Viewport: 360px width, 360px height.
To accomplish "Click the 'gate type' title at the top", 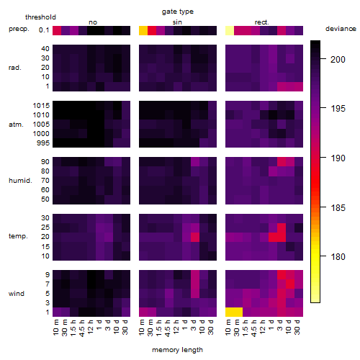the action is coord(178,12).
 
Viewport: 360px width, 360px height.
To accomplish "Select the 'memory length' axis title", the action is coord(177,350).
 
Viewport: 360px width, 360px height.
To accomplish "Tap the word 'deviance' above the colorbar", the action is coord(341,29).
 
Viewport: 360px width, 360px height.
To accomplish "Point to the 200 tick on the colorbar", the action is coord(323,58).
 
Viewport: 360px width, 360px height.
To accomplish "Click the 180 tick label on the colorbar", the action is coord(338,257).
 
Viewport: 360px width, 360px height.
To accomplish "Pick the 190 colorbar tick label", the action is coord(338,158).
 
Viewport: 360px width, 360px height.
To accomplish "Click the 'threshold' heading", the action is coord(40,17).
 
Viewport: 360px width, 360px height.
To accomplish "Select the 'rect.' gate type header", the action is coord(261,22).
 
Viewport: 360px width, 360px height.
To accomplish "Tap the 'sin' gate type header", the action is coord(177,22).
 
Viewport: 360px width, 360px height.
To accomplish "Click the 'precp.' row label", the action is coord(19,29).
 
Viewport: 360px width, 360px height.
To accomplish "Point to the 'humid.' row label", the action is coord(20,181).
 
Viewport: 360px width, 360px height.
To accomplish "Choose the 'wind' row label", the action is coord(17,294).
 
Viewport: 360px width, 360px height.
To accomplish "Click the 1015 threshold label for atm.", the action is coord(41,106).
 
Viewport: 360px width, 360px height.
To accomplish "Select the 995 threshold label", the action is coord(43,143).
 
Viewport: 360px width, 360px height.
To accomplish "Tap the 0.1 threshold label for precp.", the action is coord(44,30).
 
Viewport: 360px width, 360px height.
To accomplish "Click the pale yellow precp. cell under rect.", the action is coord(230,30).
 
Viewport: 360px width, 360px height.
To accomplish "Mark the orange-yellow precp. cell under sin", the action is coord(143,30).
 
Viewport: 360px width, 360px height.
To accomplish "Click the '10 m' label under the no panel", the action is coord(57,328).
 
